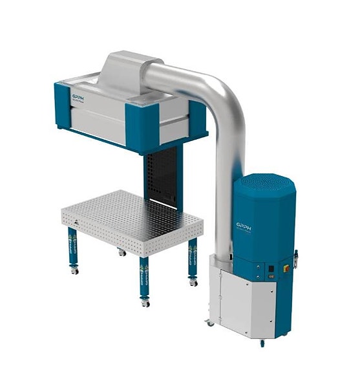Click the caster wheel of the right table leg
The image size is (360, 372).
[193, 283]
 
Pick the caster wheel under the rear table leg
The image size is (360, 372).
[122, 252]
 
